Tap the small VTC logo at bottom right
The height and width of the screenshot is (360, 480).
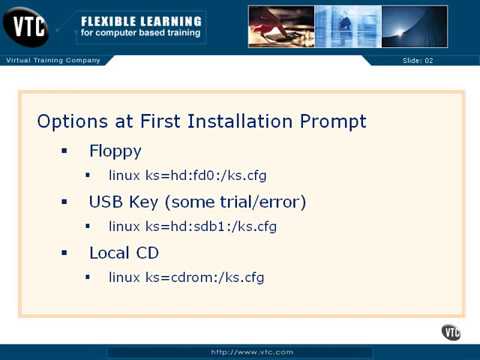[x=451, y=332]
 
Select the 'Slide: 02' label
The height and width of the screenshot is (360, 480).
[x=418, y=62]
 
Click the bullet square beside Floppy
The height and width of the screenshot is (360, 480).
[x=64, y=153]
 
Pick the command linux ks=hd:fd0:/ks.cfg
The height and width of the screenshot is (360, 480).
[x=187, y=177]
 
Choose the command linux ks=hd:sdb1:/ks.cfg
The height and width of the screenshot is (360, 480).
[x=192, y=226]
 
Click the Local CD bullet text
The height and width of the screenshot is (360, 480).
[x=123, y=251]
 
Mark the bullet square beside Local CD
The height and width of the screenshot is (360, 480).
[x=64, y=251]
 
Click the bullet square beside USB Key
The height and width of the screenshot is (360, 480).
[x=64, y=202]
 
